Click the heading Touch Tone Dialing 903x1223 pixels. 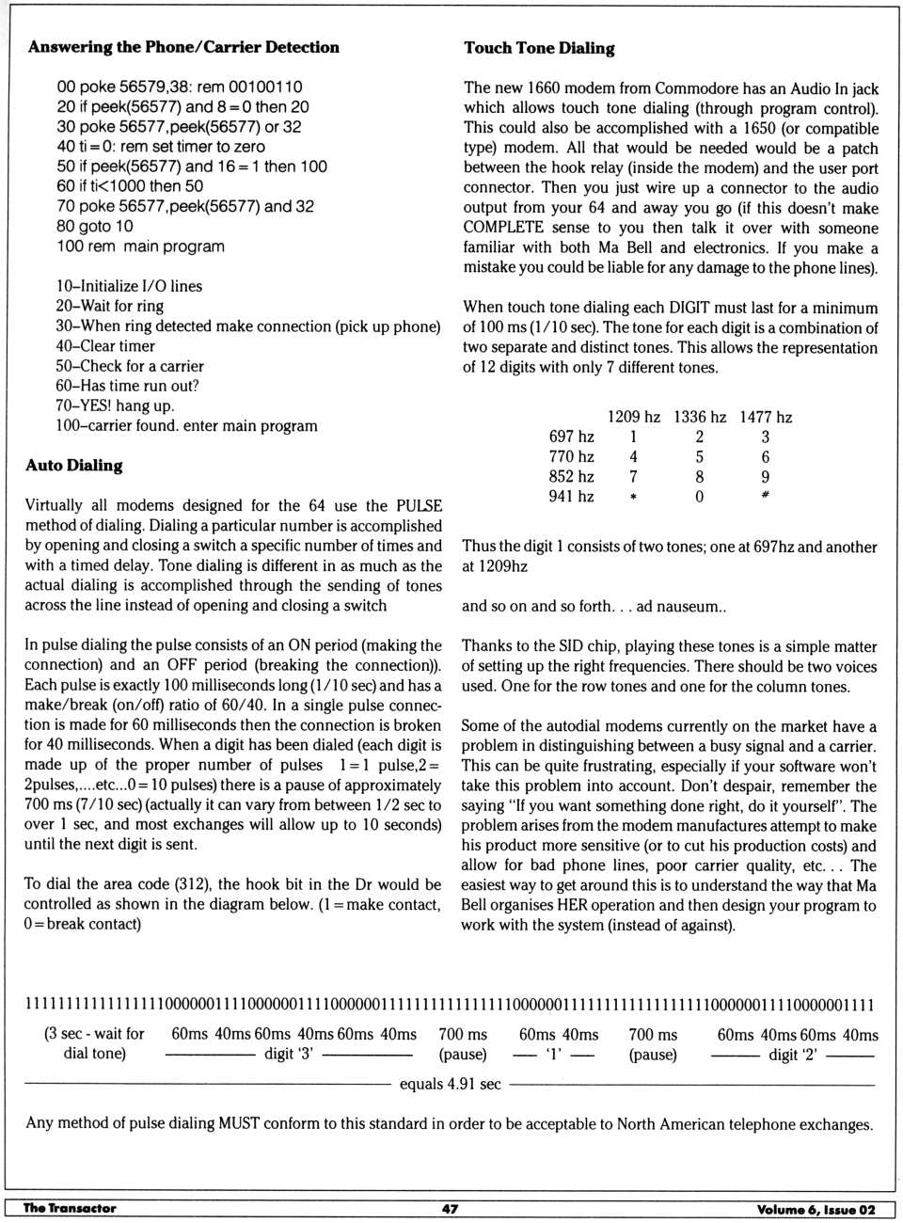(x=539, y=48)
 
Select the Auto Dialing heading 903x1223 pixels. (x=74, y=465)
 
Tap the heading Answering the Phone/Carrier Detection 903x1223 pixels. (x=183, y=47)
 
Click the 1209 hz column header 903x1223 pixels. (x=633, y=417)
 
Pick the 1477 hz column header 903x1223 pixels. (x=765, y=417)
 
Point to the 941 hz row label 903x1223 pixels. (x=571, y=496)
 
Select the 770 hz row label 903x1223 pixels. (x=571, y=456)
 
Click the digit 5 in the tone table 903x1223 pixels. (x=699, y=456)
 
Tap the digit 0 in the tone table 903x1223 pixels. (x=699, y=497)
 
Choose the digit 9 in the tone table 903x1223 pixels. (x=765, y=477)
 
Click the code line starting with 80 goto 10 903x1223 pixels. (x=95, y=226)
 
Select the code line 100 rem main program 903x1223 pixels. (x=141, y=246)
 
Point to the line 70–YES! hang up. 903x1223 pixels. (x=115, y=405)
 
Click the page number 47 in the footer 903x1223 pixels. (x=451, y=1208)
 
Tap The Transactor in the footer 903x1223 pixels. (x=70, y=1208)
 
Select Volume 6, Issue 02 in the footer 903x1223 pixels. (x=816, y=1209)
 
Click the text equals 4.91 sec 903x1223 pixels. (x=450, y=1084)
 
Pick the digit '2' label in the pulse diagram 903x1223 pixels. (x=792, y=1055)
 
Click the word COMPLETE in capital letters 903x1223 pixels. (x=503, y=228)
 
